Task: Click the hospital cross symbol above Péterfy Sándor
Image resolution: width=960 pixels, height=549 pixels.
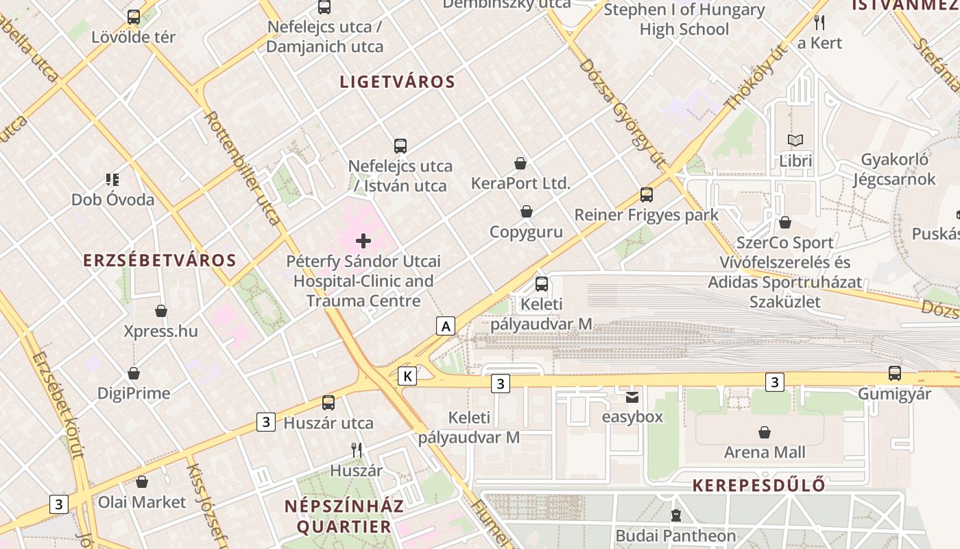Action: click(x=363, y=240)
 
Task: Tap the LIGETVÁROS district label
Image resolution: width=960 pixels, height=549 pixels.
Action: click(x=398, y=82)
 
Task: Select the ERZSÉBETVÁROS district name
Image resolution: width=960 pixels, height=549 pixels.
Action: click(x=160, y=261)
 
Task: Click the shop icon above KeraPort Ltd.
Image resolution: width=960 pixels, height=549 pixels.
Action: click(x=520, y=163)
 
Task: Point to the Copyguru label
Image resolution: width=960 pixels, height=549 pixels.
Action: click(x=526, y=232)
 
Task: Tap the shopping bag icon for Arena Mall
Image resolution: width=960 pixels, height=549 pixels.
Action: click(x=765, y=432)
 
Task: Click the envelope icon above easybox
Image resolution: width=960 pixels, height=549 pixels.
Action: click(x=632, y=397)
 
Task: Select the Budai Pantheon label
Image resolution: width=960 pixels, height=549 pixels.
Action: click(x=675, y=535)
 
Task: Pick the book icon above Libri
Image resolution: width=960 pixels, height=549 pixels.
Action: click(x=795, y=141)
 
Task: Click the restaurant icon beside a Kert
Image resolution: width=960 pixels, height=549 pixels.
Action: click(x=819, y=23)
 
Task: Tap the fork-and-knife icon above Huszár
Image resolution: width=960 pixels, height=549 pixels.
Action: click(x=357, y=450)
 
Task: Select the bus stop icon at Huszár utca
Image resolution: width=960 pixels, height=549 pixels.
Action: click(x=328, y=403)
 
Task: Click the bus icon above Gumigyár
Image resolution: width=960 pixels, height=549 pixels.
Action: click(x=895, y=373)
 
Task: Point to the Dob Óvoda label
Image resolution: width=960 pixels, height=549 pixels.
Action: click(x=113, y=200)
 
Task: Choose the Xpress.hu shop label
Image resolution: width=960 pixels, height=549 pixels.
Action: click(x=160, y=331)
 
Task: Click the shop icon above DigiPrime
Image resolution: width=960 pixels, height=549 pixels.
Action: click(x=134, y=373)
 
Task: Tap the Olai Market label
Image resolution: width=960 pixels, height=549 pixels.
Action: click(x=142, y=502)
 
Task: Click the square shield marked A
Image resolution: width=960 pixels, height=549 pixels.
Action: click(x=446, y=326)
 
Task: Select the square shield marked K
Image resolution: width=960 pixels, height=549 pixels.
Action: click(x=407, y=376)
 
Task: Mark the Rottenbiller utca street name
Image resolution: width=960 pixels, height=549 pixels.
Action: click(x=243, y=168)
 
